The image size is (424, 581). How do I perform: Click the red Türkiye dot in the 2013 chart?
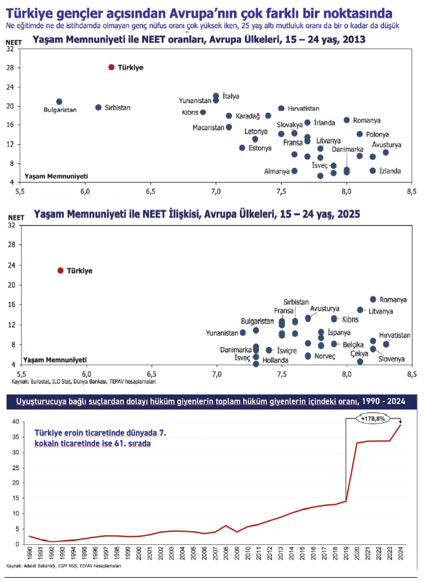click(x=111, y=67)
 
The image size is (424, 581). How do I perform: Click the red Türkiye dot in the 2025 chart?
click(x=60, y=270)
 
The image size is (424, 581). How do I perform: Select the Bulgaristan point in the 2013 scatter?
click(x=59, y=102)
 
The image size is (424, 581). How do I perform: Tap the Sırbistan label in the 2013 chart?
click(x=117, y=108)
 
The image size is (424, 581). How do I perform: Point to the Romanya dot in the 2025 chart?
click(x=373, y=299)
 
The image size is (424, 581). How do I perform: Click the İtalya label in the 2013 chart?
click(x=231, y=96)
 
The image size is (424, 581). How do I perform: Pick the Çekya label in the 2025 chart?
click(x=360, y=353)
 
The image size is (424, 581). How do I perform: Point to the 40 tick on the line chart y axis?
click(x=16, y=421)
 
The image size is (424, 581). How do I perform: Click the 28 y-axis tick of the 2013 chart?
click(x=10, y=68)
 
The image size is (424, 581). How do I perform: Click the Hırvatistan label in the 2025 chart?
click(x=395, y=335)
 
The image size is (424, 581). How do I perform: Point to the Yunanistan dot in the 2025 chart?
click(x=242, y=332)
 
